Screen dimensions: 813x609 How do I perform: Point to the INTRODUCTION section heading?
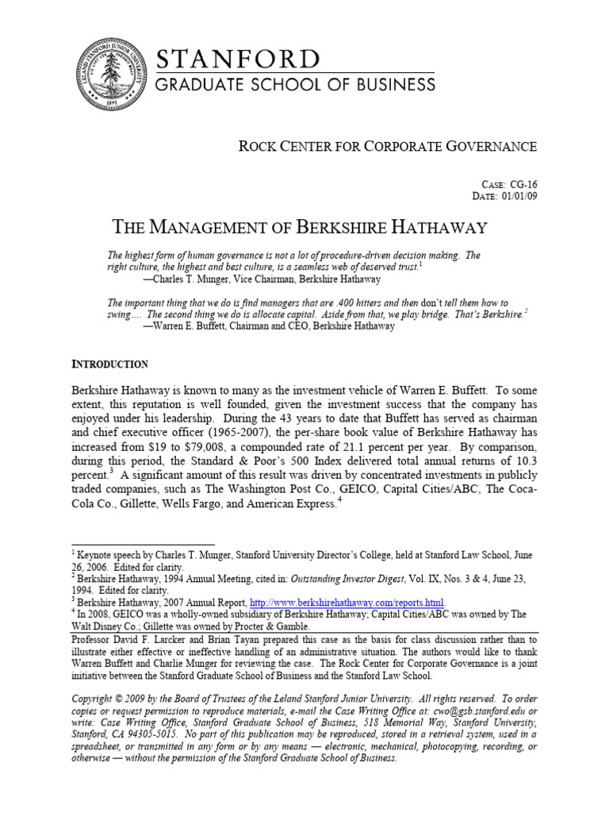109,364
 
